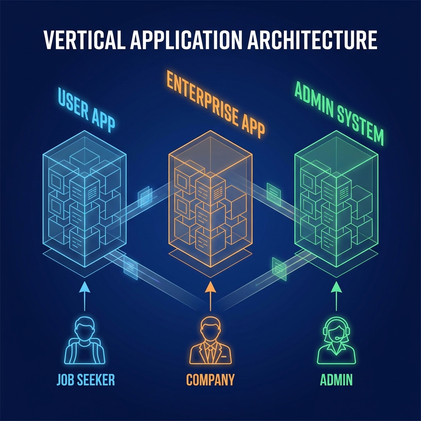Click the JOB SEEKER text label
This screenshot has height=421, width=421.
86,379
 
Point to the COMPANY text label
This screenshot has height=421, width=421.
210,379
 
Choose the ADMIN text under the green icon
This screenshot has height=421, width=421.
336,379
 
